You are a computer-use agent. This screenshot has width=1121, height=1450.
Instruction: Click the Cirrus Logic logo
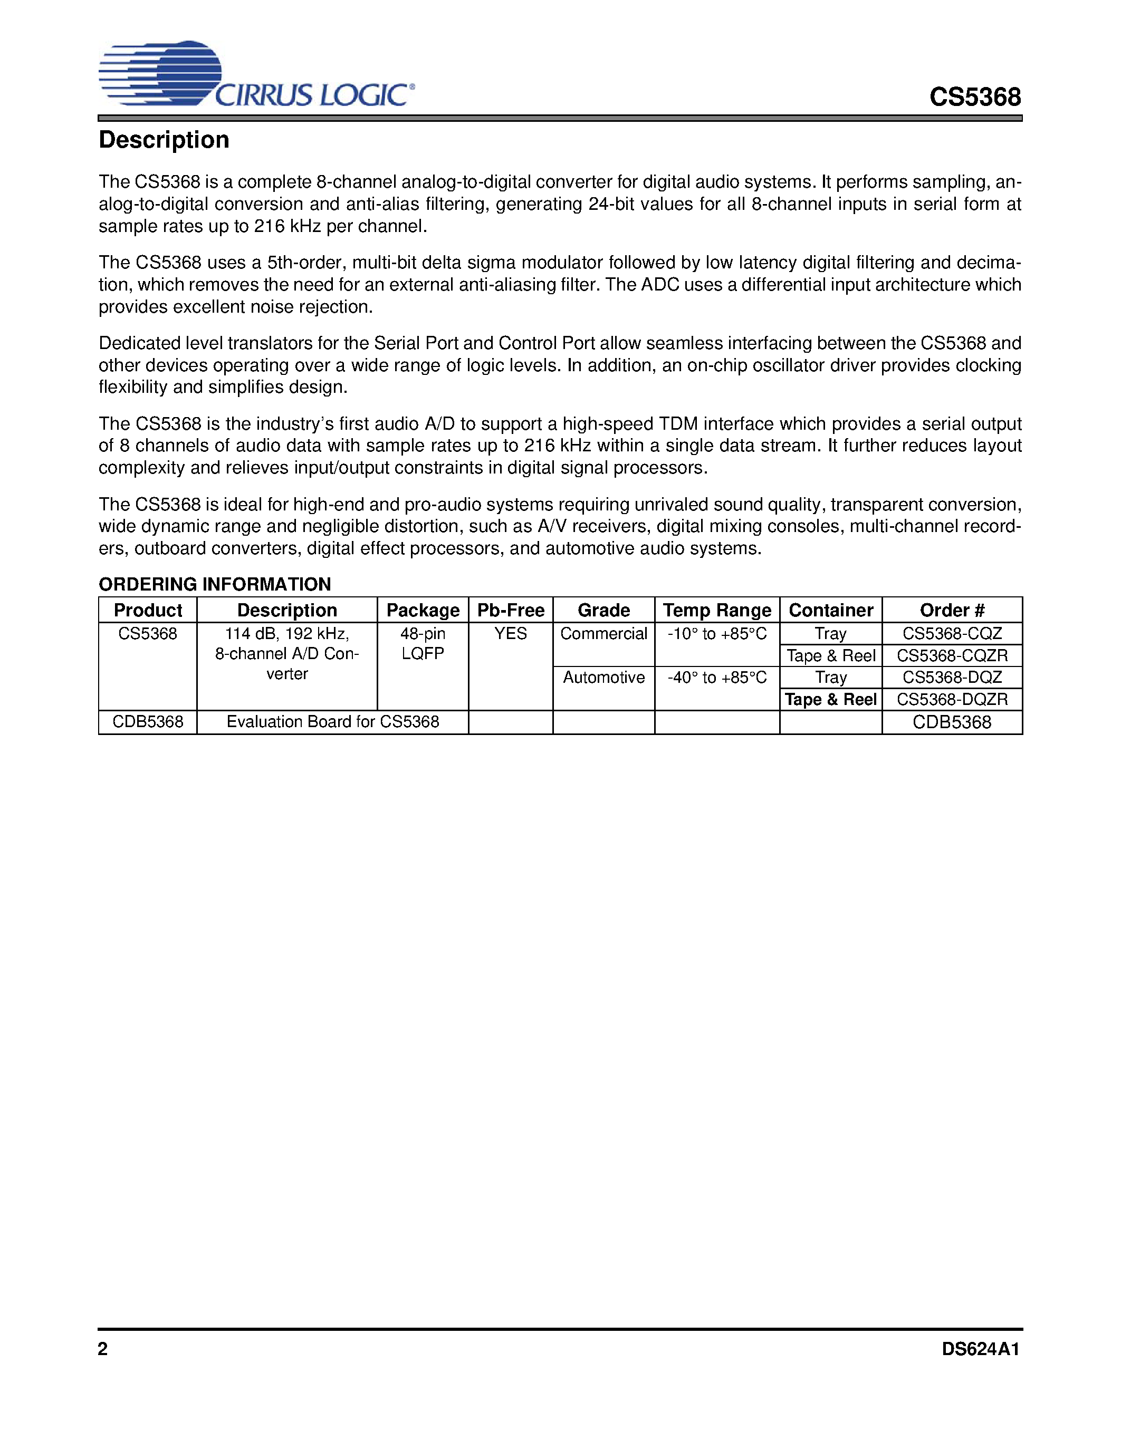pos(256,74)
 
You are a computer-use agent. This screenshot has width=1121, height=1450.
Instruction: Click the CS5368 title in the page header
pos(974,97)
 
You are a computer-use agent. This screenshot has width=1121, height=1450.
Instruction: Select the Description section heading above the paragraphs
pos(164,140)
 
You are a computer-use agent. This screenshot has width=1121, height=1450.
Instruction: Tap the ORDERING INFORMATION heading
pos(215,584)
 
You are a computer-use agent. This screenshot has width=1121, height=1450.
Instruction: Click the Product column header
pos(147,610)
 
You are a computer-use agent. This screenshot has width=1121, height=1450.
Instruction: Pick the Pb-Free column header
pos(510,610)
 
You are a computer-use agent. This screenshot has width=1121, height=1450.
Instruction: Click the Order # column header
pos(952,610)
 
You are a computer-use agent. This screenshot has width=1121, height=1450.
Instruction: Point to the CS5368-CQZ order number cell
pos(952,634)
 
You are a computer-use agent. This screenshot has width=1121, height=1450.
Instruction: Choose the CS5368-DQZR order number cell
pos(952,700)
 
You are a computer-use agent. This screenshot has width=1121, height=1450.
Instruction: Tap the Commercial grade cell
pos(603,634)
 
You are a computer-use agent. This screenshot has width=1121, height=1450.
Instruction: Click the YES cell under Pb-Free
pos(510,634)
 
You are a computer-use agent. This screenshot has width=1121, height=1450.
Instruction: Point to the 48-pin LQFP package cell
pos(423,643)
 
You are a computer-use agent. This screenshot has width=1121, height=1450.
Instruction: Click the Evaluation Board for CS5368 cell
pos(333,722)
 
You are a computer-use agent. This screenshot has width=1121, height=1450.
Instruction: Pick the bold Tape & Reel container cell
pos(831,700)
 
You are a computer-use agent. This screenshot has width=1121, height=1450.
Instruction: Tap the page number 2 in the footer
pos(103,1349)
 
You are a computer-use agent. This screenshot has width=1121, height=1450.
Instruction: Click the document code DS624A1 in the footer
pos(980,1349)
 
